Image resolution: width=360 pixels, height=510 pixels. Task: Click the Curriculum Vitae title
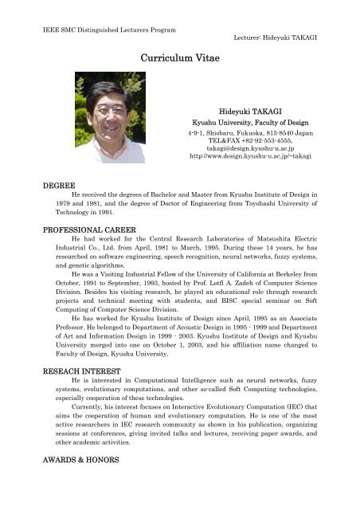coord(179,58)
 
